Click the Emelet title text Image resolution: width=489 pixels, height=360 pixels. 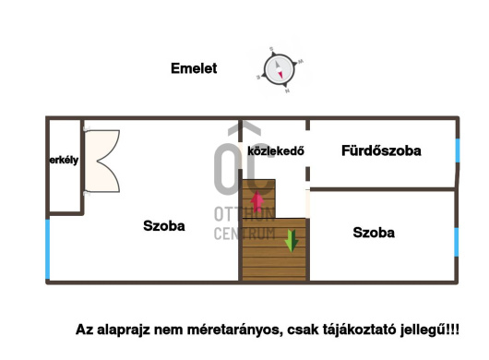194,67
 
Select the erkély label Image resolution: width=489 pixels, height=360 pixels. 64,160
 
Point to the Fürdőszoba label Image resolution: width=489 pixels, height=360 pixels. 381,150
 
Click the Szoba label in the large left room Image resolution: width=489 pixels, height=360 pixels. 164,225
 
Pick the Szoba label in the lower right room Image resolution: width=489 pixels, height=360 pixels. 374,233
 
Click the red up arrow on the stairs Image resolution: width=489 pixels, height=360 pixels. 257,202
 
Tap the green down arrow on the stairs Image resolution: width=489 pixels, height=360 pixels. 292,239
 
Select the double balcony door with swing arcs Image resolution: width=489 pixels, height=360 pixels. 101,160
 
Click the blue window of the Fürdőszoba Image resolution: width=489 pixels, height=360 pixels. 457,150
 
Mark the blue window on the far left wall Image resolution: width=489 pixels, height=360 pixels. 47,249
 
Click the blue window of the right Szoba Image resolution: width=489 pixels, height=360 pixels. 456,241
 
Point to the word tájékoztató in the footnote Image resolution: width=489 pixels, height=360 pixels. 355,330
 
